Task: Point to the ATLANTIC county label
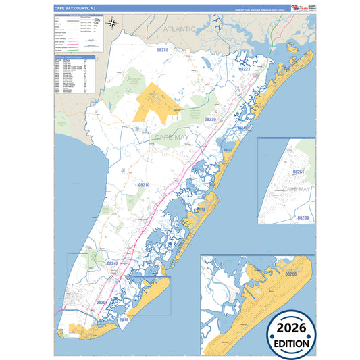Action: (178, 29)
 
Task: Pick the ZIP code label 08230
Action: (209, 119)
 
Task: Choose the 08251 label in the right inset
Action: (299, 172)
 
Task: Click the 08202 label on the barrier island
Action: (201, 210)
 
